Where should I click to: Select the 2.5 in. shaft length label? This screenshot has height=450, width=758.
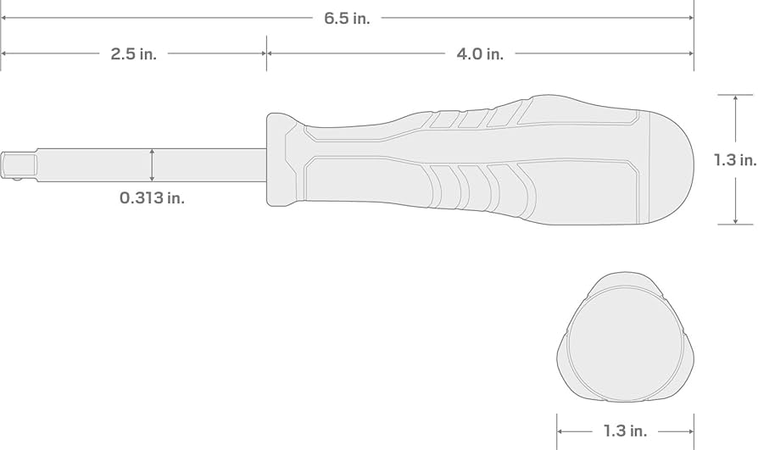[133, 53]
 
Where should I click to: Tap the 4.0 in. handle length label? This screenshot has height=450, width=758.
[480, 53]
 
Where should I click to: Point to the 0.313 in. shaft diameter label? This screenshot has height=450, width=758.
[152, 197]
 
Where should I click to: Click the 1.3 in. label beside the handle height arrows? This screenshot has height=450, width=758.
[734, 159]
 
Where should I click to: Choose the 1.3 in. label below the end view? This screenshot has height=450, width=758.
[625, 431]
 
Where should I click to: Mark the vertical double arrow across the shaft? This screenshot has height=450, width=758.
[152, 165]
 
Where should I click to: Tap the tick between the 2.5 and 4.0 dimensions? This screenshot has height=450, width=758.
[266, 53]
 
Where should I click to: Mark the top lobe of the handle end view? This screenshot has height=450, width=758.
[624, 282]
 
